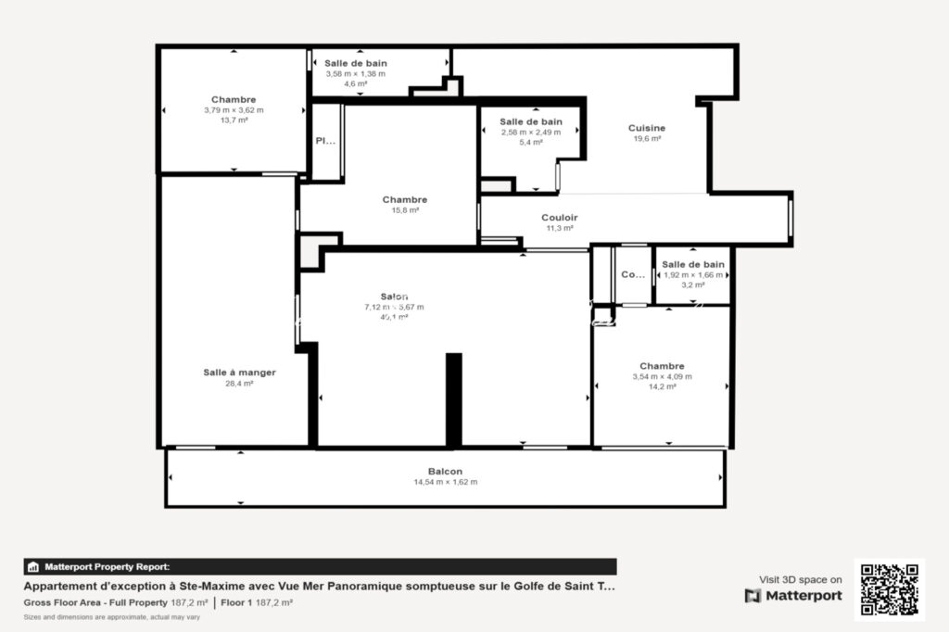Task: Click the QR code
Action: pos(889,589)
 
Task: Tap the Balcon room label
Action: pos(445,471)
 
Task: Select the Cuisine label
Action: pos(647,128)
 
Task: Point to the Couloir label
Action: pos(560,218)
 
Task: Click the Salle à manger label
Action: pos(239,373)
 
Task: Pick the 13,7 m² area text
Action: pos(234,120)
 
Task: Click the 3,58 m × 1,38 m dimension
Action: pos(356,73)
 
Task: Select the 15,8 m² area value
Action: pos(405,210)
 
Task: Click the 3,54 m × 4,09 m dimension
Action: pos(662,376)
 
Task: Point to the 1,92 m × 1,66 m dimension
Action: pos(693,275)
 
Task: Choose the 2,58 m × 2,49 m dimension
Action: pos(531,132)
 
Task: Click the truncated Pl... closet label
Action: pos(325,142)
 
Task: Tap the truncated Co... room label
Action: pos(633,274)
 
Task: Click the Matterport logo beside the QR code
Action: pos(793,596)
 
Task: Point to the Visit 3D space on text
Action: pos(801,579)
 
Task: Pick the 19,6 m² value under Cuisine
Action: pos(647,139)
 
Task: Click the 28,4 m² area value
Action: pos(239,383)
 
